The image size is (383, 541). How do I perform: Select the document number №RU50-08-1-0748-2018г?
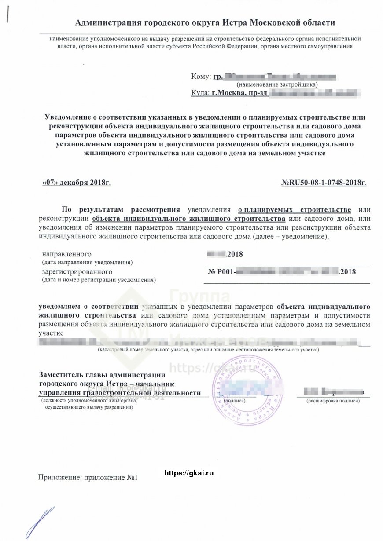tap(324, 182)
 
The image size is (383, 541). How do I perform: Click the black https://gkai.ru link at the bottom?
tap(189, 473)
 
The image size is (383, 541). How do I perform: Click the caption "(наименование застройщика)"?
tap(277, 84)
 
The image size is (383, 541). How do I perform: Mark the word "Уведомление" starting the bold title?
tap(69, 117)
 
